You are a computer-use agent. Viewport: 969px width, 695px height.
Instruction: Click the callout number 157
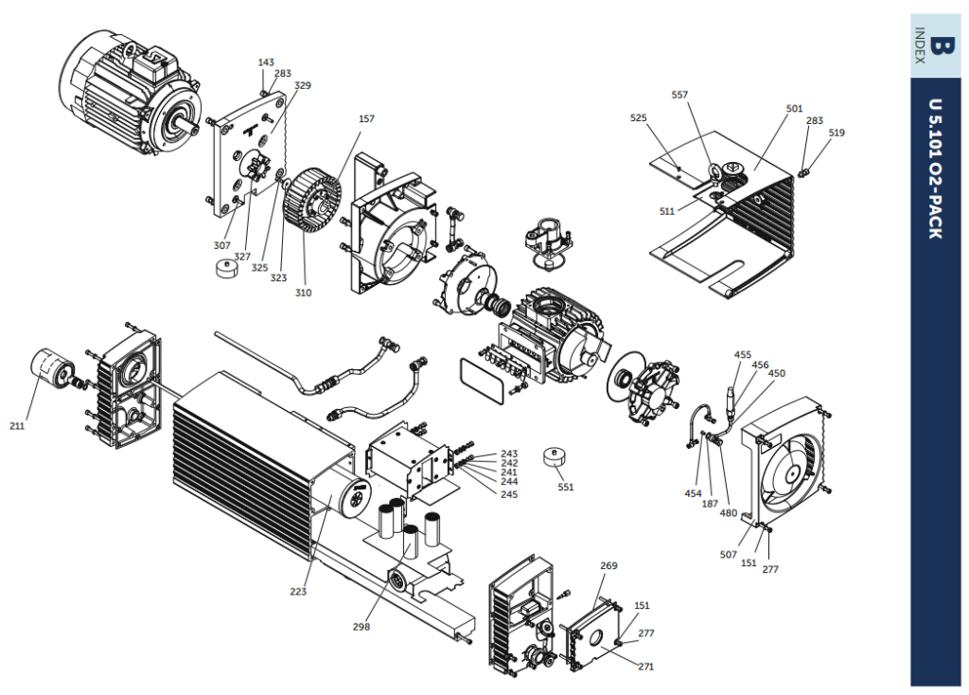[x=366, y=118]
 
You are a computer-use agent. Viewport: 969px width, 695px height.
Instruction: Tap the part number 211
[x=17, y=426]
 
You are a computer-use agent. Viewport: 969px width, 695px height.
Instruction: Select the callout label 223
[x=298, y=592]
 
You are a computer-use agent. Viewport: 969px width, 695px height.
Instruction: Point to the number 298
[x=361, y=627]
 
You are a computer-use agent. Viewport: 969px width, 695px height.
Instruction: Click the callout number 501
[x=794, y=109]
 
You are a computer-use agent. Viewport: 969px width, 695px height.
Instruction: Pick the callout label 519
[x=837, y=133]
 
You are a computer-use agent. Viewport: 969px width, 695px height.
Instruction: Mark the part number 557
[x=679, y=95]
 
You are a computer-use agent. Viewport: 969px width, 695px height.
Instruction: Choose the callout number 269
[x=608, y=566]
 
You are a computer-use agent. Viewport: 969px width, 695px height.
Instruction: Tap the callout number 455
[x=742, y=355]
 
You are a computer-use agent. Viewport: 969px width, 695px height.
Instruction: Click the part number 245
[x=509, y=494]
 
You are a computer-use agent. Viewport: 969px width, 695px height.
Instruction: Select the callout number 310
[x=303, y=294]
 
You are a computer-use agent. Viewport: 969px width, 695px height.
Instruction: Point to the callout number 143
[x=266, y=62]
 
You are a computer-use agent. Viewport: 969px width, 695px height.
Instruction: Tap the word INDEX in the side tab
[x=920, y=45]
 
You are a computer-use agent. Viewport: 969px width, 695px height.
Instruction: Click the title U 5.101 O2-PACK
[x=936, y=169]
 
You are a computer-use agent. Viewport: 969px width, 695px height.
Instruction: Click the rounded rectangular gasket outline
[x=482, y=381]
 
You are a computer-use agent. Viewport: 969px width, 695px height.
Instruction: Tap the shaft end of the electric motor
[x=189, y=129]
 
